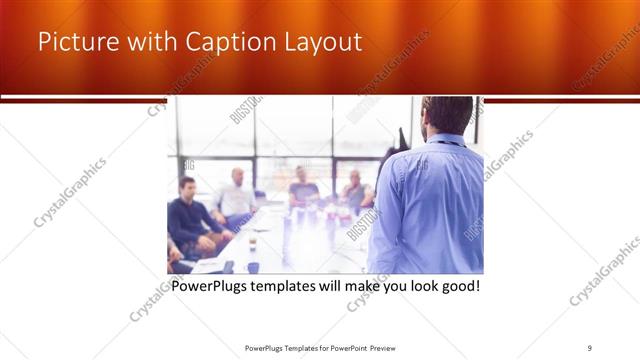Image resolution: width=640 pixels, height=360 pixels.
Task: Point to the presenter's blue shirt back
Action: pyautogui.click(x=430, y=210)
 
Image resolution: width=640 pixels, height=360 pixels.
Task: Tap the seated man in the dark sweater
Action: pyautogui.click(x=188, y=215)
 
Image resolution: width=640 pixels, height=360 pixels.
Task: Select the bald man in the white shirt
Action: pyautogui.click(x=237, y=195)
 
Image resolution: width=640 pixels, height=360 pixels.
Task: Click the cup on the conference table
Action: pyautogui.click(x=252, y=243)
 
